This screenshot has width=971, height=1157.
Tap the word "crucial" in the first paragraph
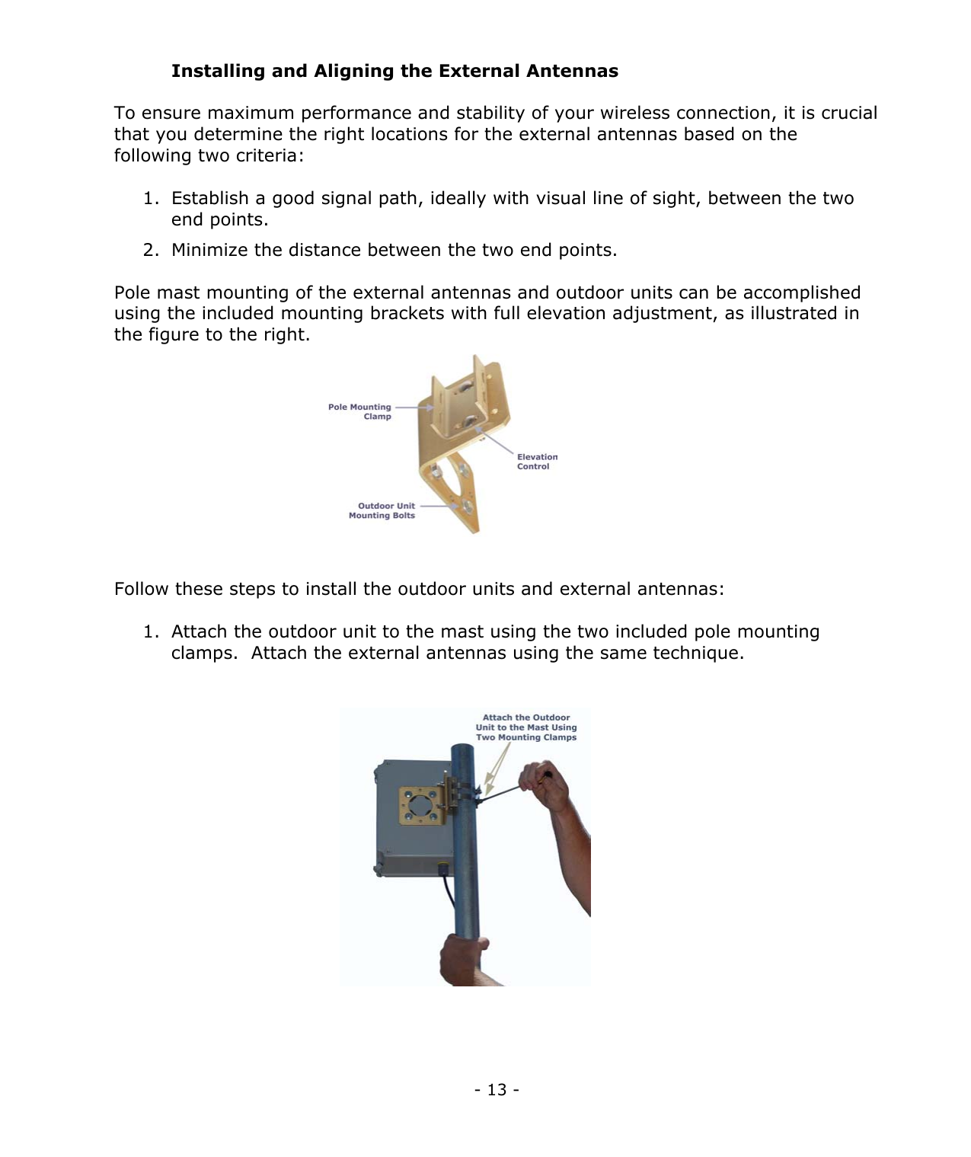tap(849, 113)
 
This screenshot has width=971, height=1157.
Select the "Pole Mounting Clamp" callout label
tap(360, 412)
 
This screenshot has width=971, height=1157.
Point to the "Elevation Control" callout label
tap(537, 462)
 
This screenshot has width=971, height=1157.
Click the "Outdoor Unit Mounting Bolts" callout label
tap(382, 510)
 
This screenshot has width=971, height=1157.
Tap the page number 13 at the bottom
tap(497, 1090)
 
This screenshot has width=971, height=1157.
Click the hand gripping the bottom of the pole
tap(462, 960)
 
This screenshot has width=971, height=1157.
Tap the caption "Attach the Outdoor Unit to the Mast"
tap(526, 727)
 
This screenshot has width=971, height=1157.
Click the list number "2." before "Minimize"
tap(152, 251)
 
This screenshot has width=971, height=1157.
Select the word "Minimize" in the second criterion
tap(209, 251)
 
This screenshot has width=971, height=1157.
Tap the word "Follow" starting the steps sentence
tap(142, 590)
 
